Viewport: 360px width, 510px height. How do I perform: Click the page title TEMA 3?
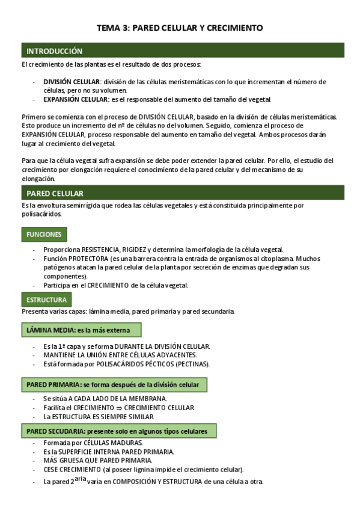[x=180, y=28]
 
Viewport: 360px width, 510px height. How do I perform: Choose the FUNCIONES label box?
[x=44, y=234]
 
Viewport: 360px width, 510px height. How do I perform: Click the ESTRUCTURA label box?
[x=46, y=300]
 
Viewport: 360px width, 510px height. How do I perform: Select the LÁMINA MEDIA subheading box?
[x=81, y=330]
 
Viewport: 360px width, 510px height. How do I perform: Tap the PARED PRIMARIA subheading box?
[x=114, y=384]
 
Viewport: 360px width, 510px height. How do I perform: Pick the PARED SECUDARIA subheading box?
[x=119, y=431]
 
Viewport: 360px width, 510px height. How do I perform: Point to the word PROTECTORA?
[x=90, y=259]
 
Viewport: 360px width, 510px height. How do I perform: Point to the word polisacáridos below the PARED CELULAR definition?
[x=41, y=214]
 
